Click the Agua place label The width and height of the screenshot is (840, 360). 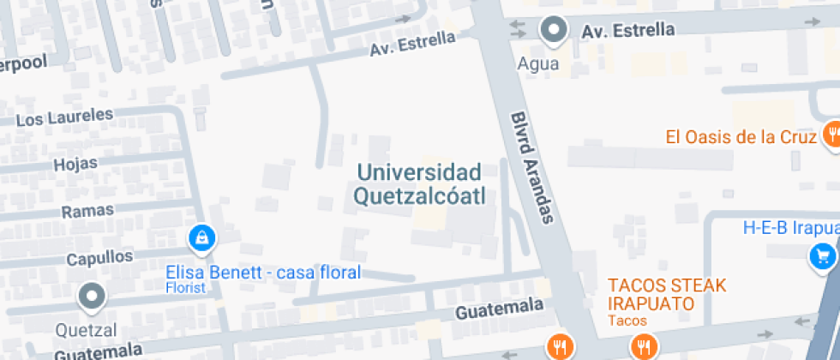[x=538, y=63]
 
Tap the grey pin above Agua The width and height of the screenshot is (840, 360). [x=555, y=30]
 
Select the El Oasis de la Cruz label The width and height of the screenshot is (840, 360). [x=740, y=137]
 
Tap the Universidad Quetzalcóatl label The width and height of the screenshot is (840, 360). [x=420, y=184]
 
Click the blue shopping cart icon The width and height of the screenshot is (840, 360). [x=824, y=255]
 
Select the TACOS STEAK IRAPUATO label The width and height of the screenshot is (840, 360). [x=667, y=294]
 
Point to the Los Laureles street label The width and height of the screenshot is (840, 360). [x=64, y=116]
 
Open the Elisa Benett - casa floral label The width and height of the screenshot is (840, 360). [x=263, y=273]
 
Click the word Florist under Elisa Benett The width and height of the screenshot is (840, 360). [x=186, y=288]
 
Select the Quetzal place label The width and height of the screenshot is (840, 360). [x=86, y=329]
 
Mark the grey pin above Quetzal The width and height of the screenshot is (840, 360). [x=91, y=297]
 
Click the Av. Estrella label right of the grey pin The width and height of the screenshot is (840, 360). [x=627, y=31]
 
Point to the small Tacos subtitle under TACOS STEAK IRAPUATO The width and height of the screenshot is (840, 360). [x=627, y=321]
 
